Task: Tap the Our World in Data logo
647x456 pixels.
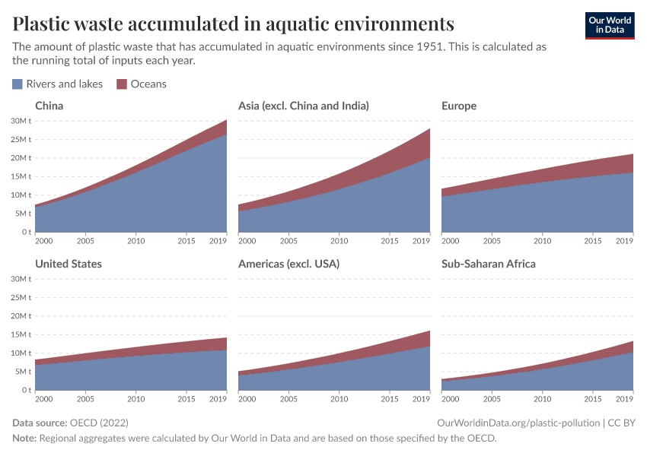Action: pyautogui.click(x=609, y=24)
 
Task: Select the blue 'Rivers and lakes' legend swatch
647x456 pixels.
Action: pyautogui.click(x=18, y=84)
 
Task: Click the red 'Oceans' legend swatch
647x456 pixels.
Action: pyautogui.click(x=122, y=84)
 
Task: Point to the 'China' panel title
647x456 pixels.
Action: pyautogui.click(x=49, y=106)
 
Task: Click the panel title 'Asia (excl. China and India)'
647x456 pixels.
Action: pyautogui.click(x=303, y=106)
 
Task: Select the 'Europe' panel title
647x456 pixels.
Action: pyautogui.click(x=458, y=106)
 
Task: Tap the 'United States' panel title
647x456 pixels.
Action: pyautogui.click(x=69, y=264)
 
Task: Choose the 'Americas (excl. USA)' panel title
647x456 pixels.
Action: pyautogui.click(x=288, y=264)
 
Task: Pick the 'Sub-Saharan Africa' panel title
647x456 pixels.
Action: pyautogui.click(x=488, y=264)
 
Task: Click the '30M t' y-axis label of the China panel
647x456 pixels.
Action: pyautogui.click(x=21, y=121)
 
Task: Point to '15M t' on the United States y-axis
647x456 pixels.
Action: pyautogui.click(x=21, y=334)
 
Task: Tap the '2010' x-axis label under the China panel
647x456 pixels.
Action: pyautogui.click(x=135, y=242)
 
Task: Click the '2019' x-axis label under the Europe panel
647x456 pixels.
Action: pyautogui.click(x=625, y=242)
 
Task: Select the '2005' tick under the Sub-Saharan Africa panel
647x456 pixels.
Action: pyautogui.click(x=491, y=400)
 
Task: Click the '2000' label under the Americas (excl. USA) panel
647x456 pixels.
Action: pyautogui.click(x=247, y=400)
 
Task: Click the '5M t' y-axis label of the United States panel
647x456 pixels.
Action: pyautogui.click(x=23, y=372)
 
